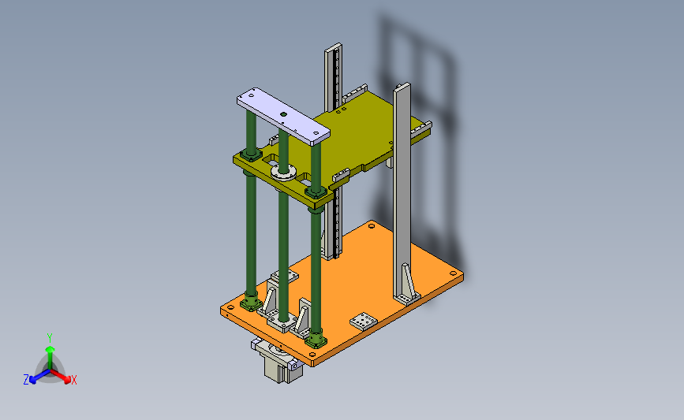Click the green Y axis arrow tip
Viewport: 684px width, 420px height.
50,349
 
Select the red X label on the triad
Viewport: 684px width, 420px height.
73,380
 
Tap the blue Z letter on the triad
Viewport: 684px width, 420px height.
26,380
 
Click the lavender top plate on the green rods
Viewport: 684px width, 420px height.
283,116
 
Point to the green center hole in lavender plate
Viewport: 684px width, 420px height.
283,114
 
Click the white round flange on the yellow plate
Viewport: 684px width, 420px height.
283,172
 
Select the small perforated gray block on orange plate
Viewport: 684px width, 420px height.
364,321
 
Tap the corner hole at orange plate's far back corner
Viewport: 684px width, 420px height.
372,225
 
